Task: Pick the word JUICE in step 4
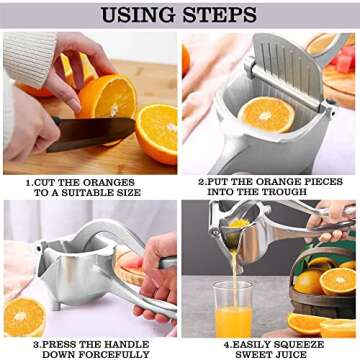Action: [293, 354]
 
